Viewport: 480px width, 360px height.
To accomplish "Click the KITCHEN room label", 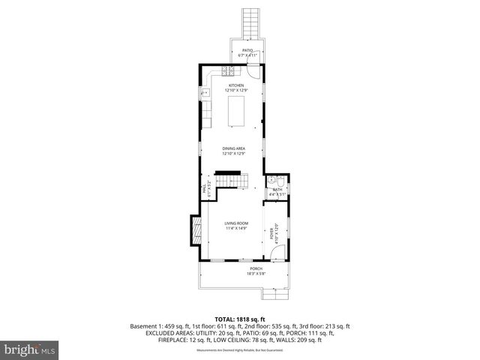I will coord(237,85).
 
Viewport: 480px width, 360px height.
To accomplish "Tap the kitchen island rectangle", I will coord(237,111).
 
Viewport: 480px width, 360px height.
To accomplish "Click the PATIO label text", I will coord(247,51).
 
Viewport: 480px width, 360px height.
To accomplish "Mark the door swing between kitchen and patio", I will coord(254,73).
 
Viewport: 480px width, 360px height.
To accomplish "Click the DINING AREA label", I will coord(233,148).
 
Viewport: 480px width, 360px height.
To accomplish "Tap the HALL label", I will coord(204,190).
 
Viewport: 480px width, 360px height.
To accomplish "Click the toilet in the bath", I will coord(280,181).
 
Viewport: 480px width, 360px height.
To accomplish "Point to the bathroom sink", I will coord(271,181).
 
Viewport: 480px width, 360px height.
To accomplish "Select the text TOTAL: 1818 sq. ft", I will coord(240,319).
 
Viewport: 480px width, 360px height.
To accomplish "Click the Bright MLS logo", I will coord(29,349).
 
